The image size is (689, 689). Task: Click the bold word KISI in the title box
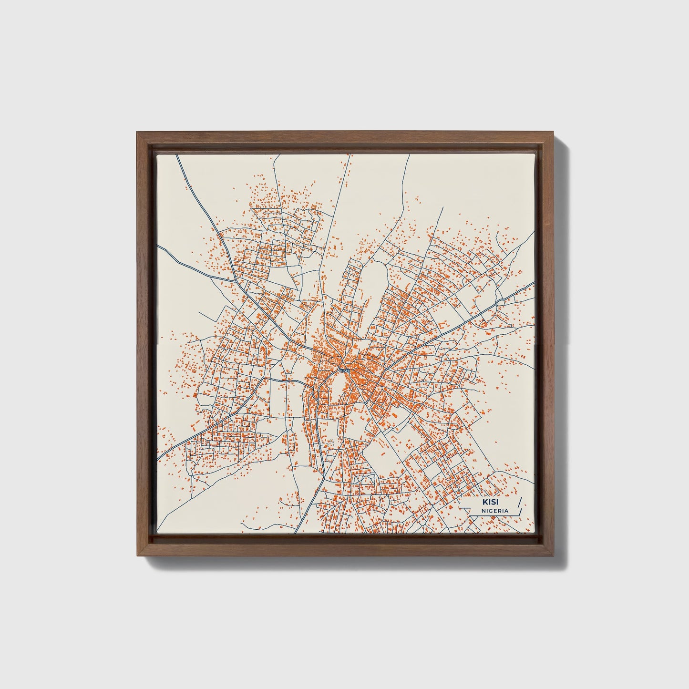489,502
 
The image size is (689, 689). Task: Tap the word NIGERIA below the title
494,511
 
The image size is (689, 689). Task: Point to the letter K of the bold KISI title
484,502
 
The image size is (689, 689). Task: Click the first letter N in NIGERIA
483,511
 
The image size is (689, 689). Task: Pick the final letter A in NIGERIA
506,511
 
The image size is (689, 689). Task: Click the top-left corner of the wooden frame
138,133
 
